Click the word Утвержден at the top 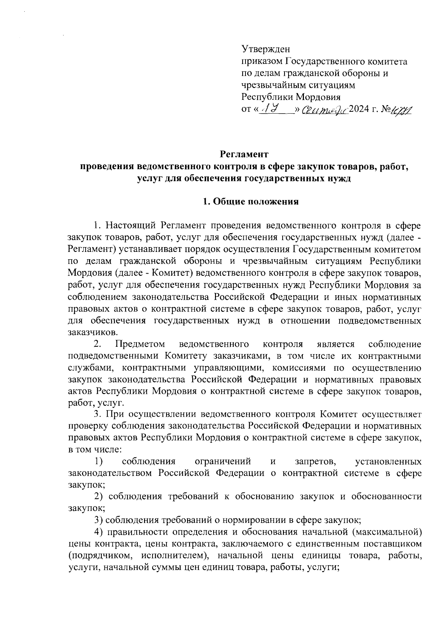(x=266, y=49)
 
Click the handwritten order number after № (x=402, y=110)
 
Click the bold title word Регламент (x=244, y=154)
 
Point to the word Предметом (x=140, y=344)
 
